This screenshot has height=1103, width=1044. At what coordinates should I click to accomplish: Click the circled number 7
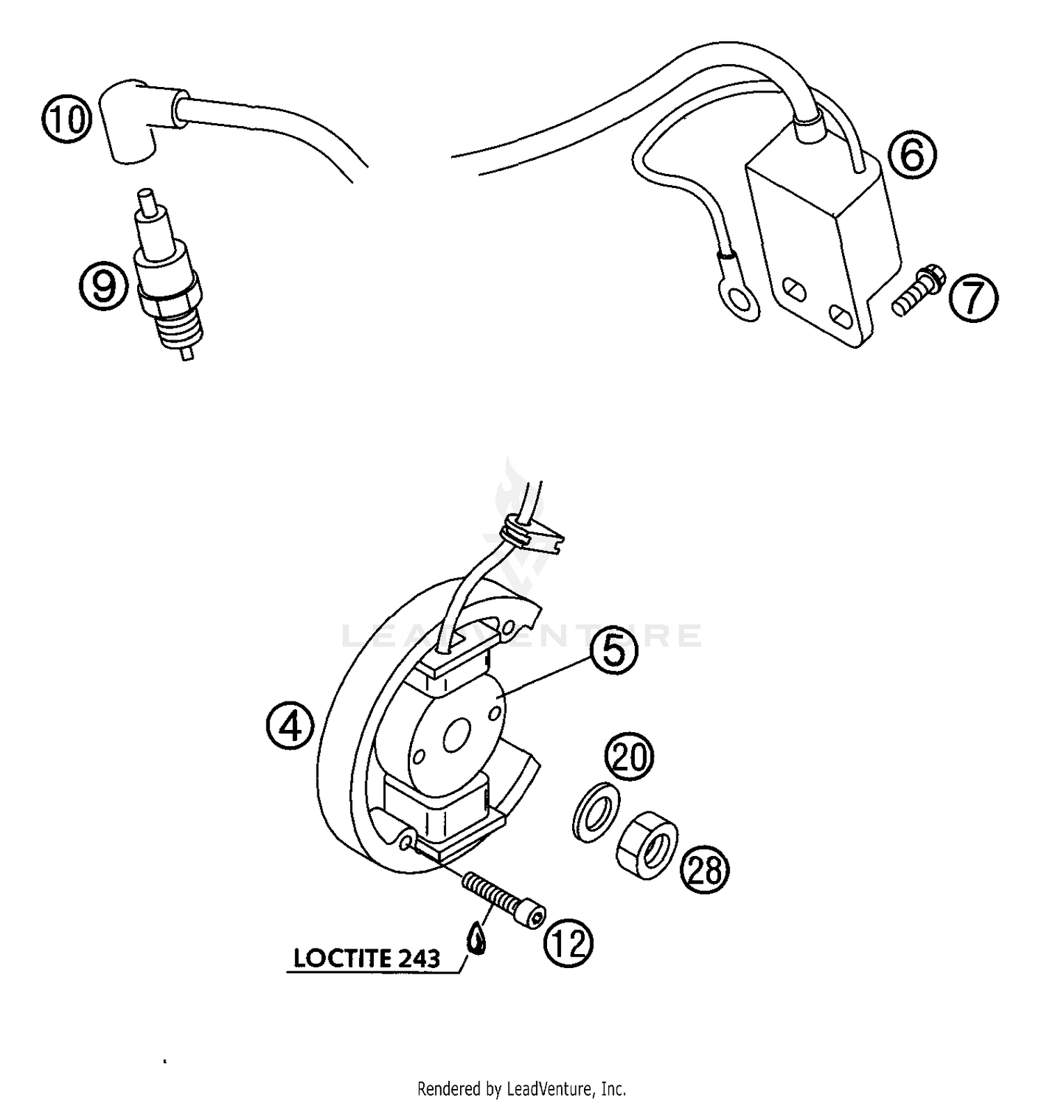click(x=973, y=298)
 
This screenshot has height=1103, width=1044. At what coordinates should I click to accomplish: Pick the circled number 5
click(x=614, y=651)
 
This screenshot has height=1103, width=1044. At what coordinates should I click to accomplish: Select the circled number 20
click(x=628, y=756)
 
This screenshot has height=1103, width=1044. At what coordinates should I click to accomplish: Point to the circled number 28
click(x=705, y=869)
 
